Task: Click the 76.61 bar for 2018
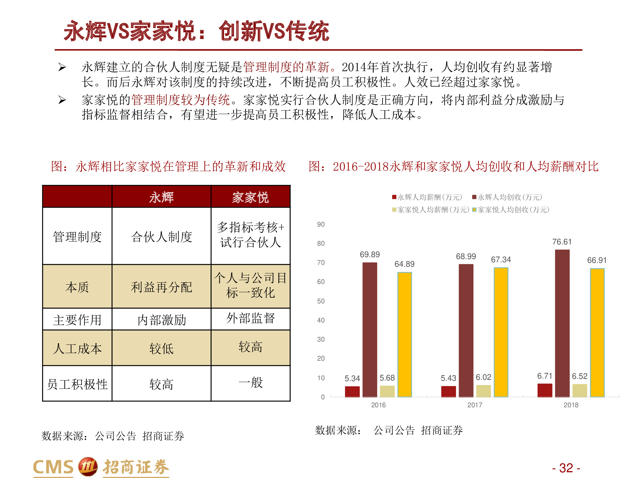tap(562, 323)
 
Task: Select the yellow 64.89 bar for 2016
tap(404, 335)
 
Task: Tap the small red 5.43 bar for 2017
tap(448, 392)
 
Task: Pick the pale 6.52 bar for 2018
tap(580, 391)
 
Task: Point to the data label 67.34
tap(501, 260)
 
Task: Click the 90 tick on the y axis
tap(321, 224)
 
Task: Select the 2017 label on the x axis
tap(475, 405)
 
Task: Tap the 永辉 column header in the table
tap(161, 197)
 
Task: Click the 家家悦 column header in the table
tap(250, 197)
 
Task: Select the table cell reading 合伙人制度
tap(161, 237)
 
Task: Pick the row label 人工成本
tap(77, 348)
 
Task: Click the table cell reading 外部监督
tap(250, 318)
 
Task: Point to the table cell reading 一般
tap(250, 383)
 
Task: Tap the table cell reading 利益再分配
tap(161, 287)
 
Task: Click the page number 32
tap(566, 468)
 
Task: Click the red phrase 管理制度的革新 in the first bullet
tap(286, 67)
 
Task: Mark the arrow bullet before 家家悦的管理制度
tap(62, 100)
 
